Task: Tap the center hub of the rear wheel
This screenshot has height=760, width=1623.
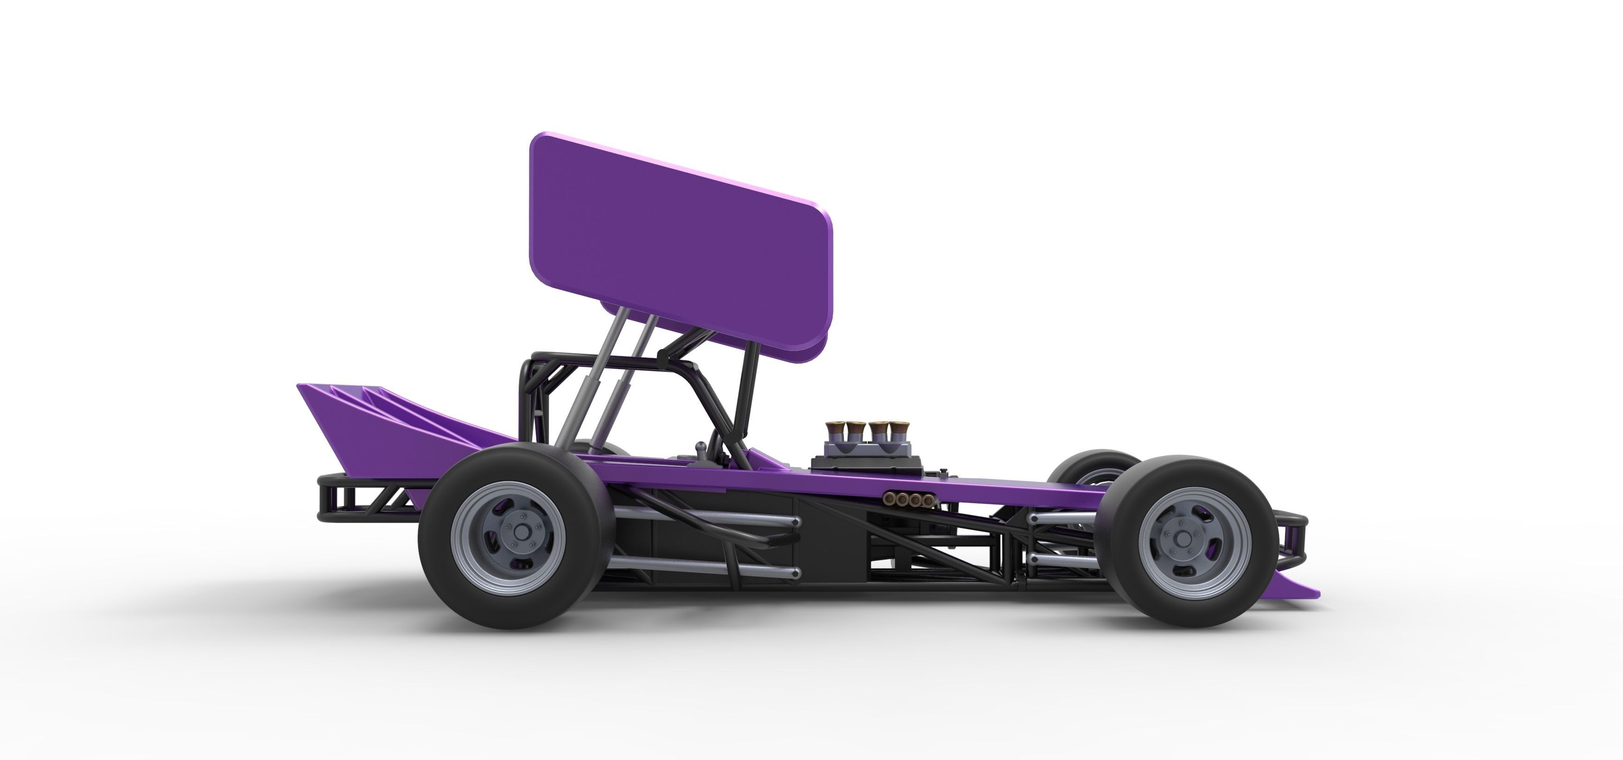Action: pos(521,533)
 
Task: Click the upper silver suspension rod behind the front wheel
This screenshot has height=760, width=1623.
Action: pos(1058,518)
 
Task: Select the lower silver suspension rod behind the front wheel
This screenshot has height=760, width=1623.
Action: pos(1058,559)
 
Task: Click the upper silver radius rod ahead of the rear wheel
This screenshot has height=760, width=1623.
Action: pos(706,521)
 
